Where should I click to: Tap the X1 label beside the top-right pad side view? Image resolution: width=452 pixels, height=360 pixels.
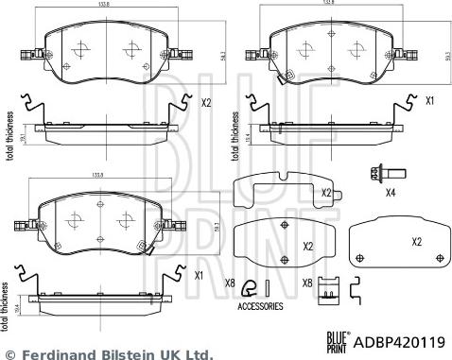[x=428, y=100]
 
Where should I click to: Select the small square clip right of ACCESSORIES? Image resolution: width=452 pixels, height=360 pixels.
[x=329, y=286]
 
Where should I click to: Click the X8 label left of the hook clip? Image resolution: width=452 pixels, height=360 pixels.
[x=230, y=283]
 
